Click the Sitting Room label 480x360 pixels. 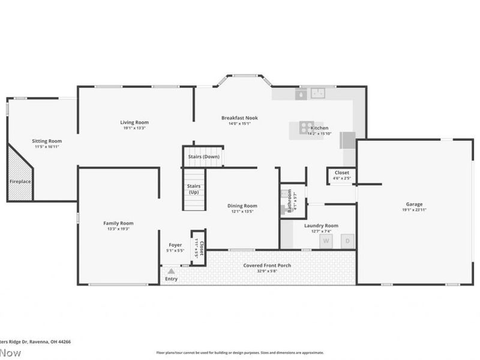47,141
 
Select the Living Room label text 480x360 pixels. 134,122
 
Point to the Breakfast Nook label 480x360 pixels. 239,118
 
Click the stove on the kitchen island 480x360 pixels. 305,127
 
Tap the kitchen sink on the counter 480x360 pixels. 317,94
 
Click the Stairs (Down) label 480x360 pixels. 203,157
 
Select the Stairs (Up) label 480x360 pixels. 194,189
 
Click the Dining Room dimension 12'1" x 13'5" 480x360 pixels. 242,211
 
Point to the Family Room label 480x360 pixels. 118,223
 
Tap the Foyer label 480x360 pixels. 175,245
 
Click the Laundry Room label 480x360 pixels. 321,226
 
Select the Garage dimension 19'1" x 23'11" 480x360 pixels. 413,210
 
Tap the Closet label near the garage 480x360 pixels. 341,172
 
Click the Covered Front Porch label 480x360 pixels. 267,265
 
